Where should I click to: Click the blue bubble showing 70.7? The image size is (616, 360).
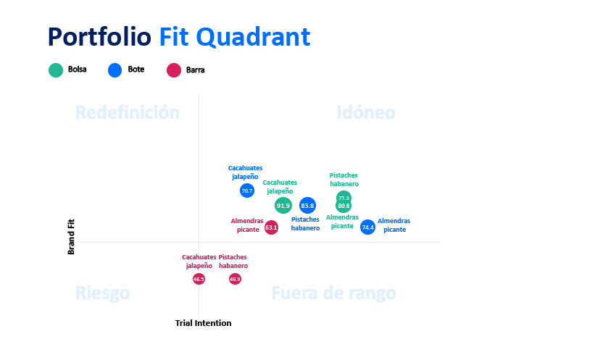[247, 191]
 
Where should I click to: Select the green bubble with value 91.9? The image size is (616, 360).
[283, 206]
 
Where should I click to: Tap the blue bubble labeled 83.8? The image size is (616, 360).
[307, 206]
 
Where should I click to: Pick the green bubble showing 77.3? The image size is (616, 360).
[344, 198]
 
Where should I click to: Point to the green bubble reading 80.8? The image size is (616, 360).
[344, 206]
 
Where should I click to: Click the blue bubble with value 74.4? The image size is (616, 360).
[368, 227]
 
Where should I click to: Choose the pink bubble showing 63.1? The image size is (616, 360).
[271, 227]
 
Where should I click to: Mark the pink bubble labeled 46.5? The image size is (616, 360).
[199, 279]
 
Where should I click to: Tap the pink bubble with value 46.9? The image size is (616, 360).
[235, 279]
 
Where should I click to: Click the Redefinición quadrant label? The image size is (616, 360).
[128, 113]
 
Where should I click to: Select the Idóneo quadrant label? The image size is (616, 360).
[366, 113]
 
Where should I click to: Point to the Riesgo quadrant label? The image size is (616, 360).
[103, 293]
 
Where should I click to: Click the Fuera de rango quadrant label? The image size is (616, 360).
[333, 293]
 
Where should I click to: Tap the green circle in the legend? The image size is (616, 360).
[56, 70]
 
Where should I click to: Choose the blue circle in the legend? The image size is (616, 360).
[115, 70]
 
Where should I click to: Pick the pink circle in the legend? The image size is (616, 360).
[173, 70]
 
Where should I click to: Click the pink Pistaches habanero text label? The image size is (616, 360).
[233, 261]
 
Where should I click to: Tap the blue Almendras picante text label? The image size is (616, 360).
[394, 225]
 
